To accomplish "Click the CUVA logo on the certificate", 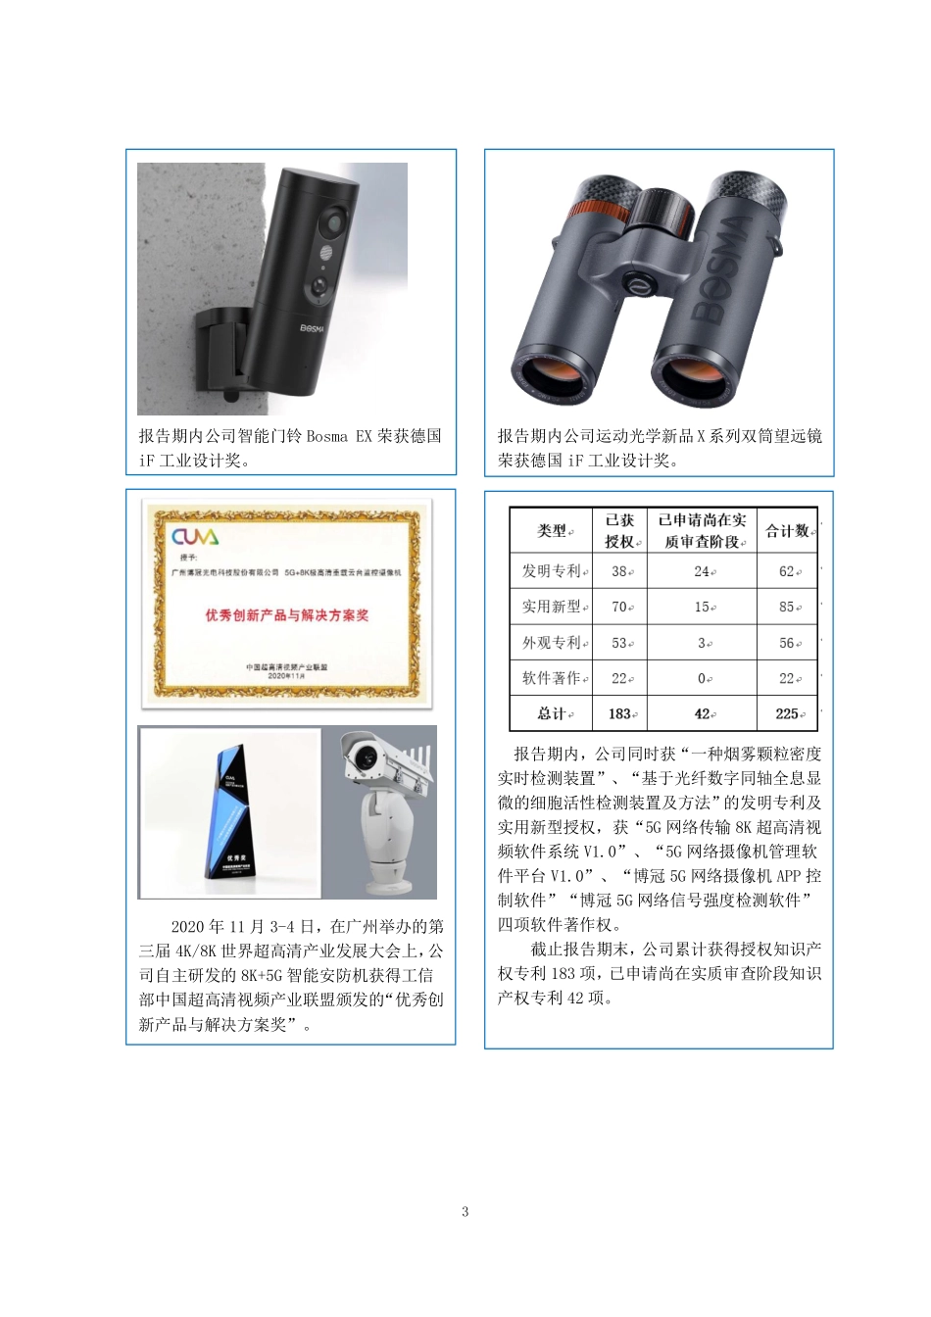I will click(195, 537).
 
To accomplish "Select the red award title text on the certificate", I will click(286, 615).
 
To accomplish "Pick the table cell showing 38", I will click(619, 571).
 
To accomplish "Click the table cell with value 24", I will click(703, 571).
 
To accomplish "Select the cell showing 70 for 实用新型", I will click(619, 607).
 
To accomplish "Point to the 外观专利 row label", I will click(552, 643).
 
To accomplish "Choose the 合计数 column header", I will click(788, 531).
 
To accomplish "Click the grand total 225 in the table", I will click(787, 713).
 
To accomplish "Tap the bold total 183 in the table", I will click(619, 713).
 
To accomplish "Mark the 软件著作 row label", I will click(552, 678).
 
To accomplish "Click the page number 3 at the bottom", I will click(465, 1212).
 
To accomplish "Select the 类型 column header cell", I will click(552, 531).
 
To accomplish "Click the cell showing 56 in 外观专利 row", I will click(787, 643).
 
